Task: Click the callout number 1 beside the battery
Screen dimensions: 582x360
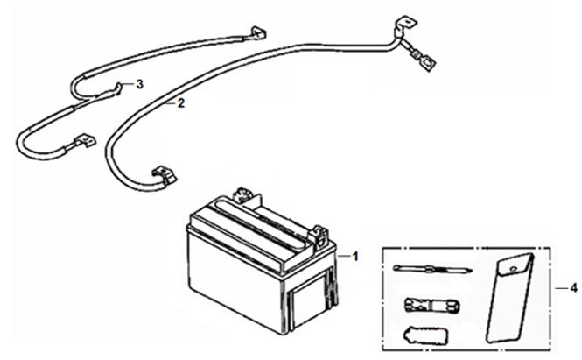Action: (355, 257)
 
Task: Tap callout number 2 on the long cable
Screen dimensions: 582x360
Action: (181, 103)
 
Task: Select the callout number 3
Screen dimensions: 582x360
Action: (139, 84)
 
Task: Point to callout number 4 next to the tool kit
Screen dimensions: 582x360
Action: (573, 287)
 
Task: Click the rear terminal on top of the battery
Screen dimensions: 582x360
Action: (242, 194)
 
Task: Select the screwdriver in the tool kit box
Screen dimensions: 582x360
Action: (433, 268)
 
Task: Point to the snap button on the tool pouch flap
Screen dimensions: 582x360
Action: (514, 269)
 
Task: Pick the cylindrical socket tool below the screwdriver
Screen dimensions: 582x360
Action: (431, 305)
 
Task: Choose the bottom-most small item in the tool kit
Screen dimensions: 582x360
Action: (425, 335)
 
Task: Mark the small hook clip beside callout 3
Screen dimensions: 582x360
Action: (117, 88)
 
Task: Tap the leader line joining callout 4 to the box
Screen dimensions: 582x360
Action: (562, 288)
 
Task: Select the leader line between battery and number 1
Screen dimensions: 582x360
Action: (344, 256)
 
